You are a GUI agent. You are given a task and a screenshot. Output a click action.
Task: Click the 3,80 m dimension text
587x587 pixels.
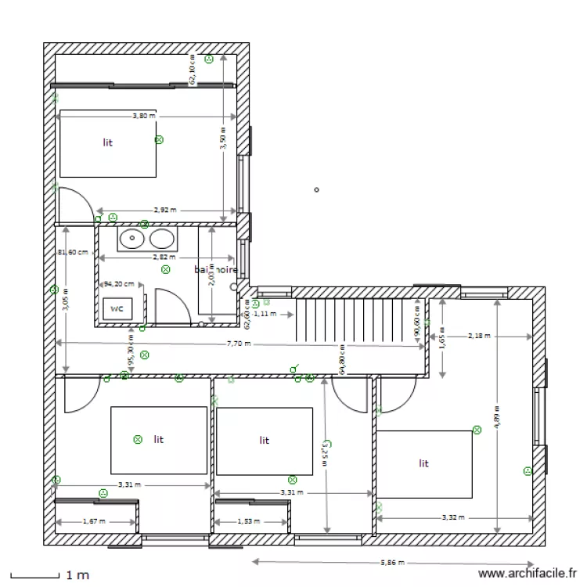pyautogui.click(x=143, y=116)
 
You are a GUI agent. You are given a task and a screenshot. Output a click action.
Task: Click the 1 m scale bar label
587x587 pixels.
pyautogui.click(x=77, y=575)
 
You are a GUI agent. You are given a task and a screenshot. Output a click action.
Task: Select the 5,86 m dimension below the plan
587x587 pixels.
pyautogui.click(x=394, y=562)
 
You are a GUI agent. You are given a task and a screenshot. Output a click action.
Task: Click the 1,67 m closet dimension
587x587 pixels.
pyautogui.click(x=94, y=521)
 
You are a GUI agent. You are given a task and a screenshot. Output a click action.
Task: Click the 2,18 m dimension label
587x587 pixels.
pyautogui.click(x=478, y=337)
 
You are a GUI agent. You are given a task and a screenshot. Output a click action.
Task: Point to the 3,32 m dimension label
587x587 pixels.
pyautogui.click(x=453, y=517)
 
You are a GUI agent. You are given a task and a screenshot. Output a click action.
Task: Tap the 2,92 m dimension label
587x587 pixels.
pyautogui.click(x=164, y=211)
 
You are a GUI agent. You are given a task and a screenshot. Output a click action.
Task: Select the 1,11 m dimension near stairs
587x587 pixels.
pyautogui.click(x=266, y=314)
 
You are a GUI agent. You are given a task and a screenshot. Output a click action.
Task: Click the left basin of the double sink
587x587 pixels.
pyautogui.click(x=132, y=238)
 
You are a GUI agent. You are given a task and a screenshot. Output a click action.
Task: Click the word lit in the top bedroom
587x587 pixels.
pyautogui.click(x=107, y=142)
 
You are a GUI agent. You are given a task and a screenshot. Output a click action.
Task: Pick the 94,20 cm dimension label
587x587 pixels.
pyautogui.click(x=119, y=285)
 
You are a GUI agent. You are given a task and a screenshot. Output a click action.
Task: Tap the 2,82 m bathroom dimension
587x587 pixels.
pyautogui.click(x=164, y=257)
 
